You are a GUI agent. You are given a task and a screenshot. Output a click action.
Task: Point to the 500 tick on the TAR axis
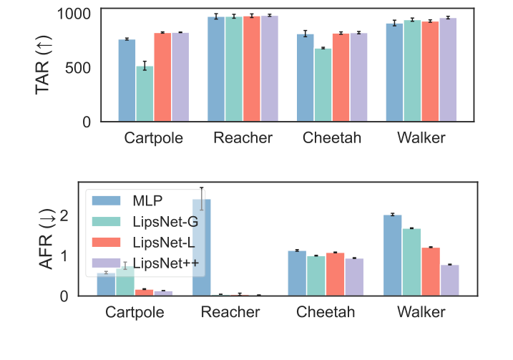tap(80, 68)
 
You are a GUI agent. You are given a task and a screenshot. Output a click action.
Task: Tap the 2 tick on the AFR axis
tap(83, 215)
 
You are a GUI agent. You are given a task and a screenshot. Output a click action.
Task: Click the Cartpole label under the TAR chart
tap(154, 138)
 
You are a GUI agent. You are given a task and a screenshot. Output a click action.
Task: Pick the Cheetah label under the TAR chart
tap(332, 138)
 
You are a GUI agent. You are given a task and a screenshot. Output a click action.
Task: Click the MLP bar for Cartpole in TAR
tap(127, 80)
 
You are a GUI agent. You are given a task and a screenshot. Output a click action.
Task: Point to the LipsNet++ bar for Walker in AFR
tap(449, 280)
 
